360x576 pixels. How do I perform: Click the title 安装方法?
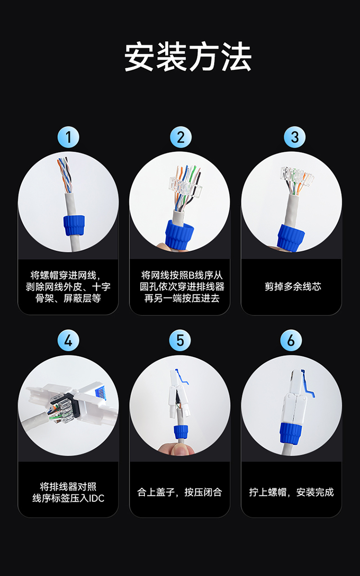point(188,56)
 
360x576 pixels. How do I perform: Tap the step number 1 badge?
point(68,137)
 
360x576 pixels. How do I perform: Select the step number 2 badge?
point(180,137)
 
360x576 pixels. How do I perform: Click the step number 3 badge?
point(295,137)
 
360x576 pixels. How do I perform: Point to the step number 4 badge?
point(68,340)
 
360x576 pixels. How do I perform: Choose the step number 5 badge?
point(180,340)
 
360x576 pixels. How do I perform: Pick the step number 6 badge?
point(291,340)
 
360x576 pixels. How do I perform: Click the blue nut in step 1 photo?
point(74,225)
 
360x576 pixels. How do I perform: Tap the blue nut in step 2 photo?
point(179,235)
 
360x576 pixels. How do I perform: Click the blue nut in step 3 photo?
point(290,238)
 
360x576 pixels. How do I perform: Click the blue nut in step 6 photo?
point(291,433)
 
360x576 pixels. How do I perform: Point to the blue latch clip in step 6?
point(308,385)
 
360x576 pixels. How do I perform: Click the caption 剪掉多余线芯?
point(293,286)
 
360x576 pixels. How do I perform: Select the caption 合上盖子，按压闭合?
point(180,492)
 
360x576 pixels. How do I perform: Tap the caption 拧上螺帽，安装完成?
point(291,492)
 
